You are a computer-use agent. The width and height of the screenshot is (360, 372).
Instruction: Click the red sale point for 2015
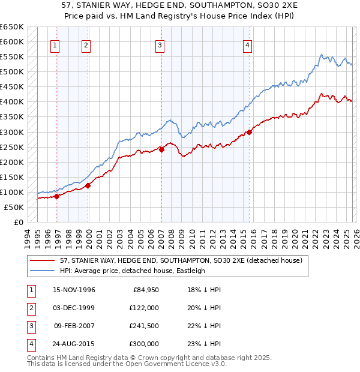tap(249, 132)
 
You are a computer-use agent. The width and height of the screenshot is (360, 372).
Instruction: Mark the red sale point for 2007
tap(162, 150)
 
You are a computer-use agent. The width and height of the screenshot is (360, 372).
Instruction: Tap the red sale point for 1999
tap(88, 185)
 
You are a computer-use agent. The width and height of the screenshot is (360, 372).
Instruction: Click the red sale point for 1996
tap(57, 196)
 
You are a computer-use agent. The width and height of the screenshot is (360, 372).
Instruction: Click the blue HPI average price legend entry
tap(133, 271)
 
